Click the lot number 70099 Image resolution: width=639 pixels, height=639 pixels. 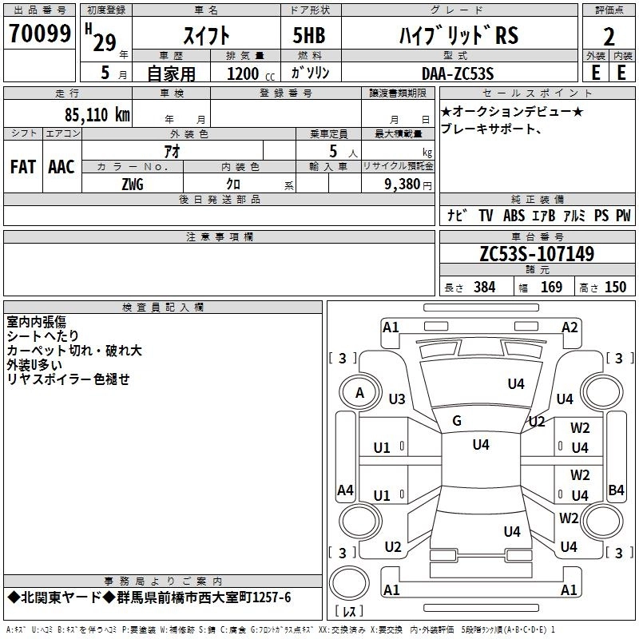pyautogui.click(x=39, y=34)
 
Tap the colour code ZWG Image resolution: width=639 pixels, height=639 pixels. pyautogui.click(x=133, y=185)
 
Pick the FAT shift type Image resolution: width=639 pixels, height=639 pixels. pyautogui.click(x=23, y=167)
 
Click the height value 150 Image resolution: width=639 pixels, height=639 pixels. pyautogui.click(x=615, y=288)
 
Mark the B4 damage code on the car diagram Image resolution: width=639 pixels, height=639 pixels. pyautogui.click(x=616, y=490)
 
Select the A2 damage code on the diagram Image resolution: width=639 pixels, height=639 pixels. pyautogui.click(x=570, y=327)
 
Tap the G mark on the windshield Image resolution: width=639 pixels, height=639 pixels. pyautogui.click(x=457, y=421)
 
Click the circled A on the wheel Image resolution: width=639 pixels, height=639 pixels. pyautogui.click(x=359, y=392)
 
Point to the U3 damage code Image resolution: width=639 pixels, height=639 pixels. pyautogui.click(x=396, y=399)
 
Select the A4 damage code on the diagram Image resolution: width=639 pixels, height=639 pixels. pyautogui.click(x=345, y=490)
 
